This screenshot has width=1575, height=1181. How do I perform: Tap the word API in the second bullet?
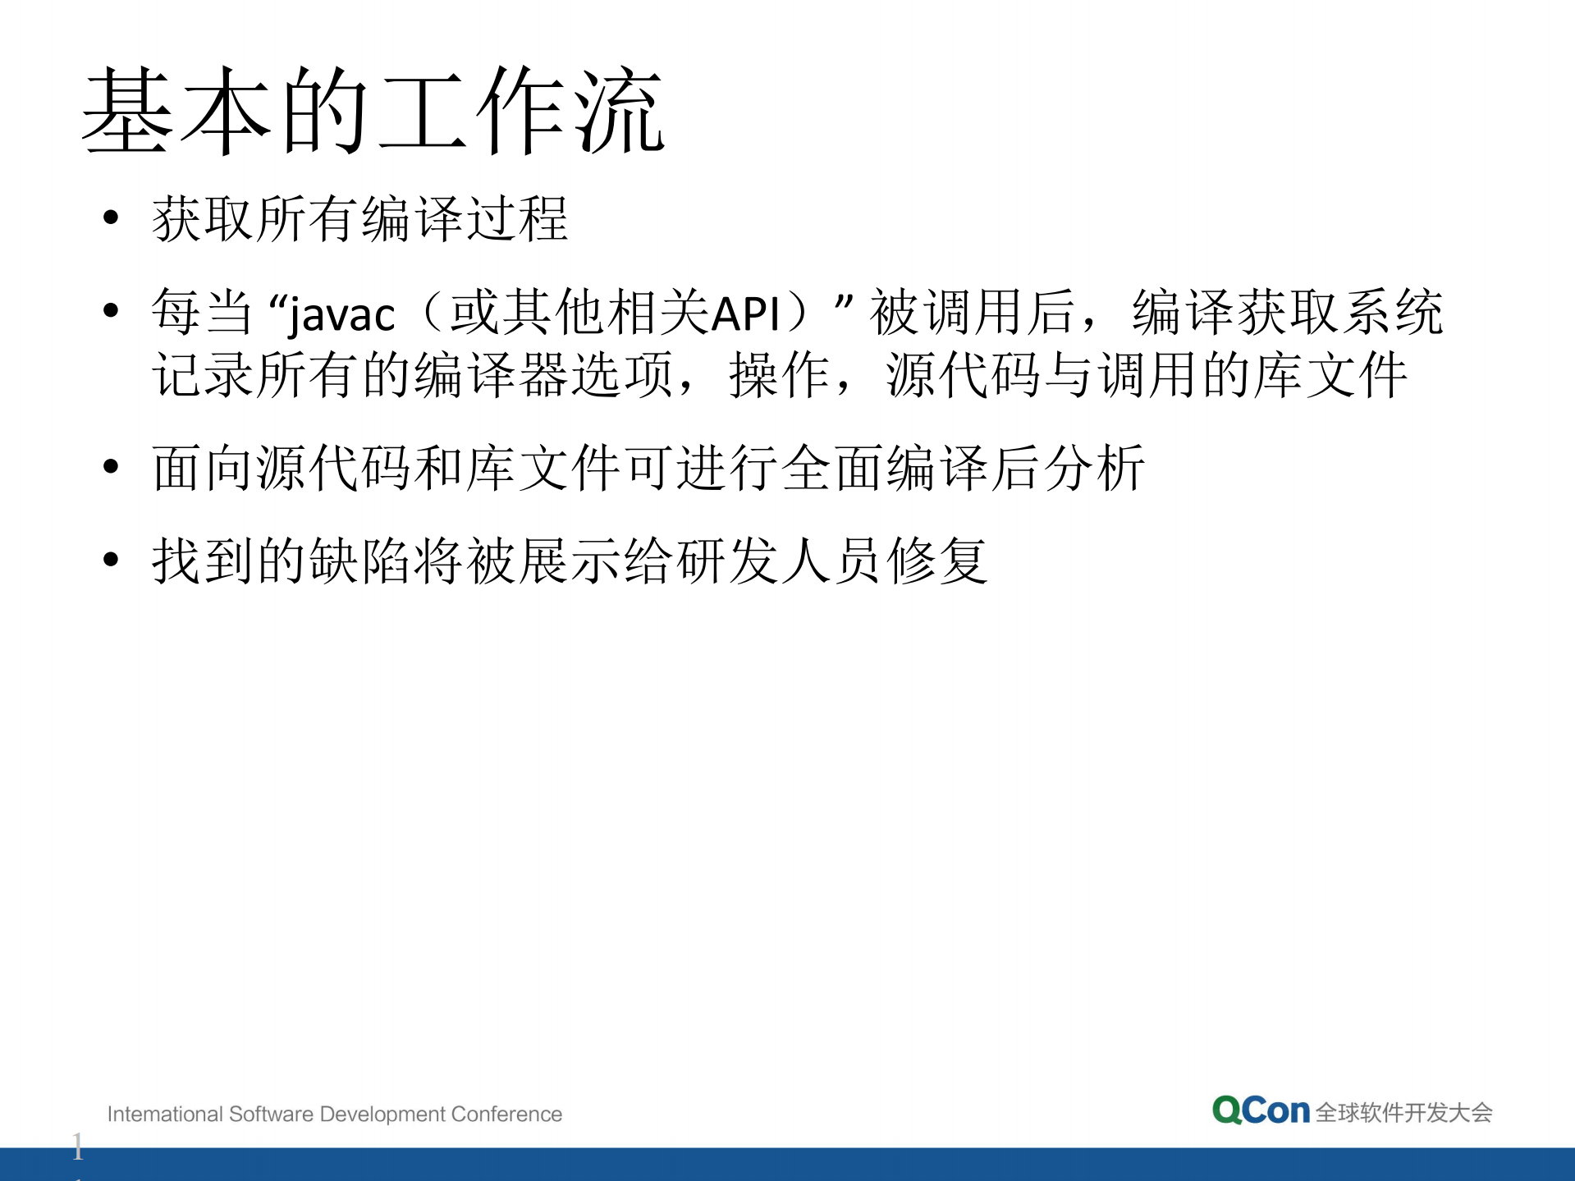745,314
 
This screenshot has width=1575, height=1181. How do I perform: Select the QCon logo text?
1261,1110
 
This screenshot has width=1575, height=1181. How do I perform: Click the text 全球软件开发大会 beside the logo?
1403,1113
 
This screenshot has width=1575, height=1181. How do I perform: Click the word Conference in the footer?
506,1114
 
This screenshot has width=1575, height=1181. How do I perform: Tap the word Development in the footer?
382,1114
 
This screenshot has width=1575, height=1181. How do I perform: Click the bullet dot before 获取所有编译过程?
112,217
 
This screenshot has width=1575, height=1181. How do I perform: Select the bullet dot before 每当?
112,310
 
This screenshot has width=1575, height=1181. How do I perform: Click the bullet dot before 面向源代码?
112,466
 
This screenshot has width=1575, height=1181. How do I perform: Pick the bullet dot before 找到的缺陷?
112,560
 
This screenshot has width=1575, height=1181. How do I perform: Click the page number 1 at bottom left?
77,1146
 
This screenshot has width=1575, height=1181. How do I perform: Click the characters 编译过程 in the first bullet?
465,219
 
